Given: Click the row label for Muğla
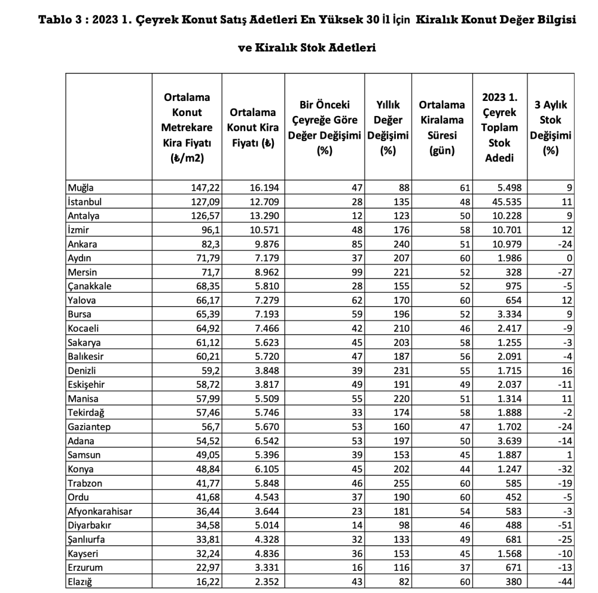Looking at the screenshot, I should [x=81, y=188].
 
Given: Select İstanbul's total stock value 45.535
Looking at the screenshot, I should [x=507, y=202].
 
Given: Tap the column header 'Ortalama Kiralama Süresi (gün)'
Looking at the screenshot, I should [x=442, y=128].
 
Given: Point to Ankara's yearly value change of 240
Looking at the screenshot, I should [x=401, y=244].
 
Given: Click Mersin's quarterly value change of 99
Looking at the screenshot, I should [x=355, y=272].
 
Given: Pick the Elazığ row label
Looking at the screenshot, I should [x=82, y=581].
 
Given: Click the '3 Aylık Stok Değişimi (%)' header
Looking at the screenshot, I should [x=550, y=128].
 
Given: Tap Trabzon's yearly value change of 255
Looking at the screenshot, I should [x=401, y=483].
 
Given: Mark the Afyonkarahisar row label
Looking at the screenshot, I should [x=99, y=511].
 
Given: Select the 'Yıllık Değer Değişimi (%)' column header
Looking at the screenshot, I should [x=388, y=128].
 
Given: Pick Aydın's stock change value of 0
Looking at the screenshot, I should [x=569, y=258].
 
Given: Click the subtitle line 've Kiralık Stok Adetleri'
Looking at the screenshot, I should [x=307, y=48].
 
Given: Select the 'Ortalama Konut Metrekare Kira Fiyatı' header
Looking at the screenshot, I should [x=187, y=128].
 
